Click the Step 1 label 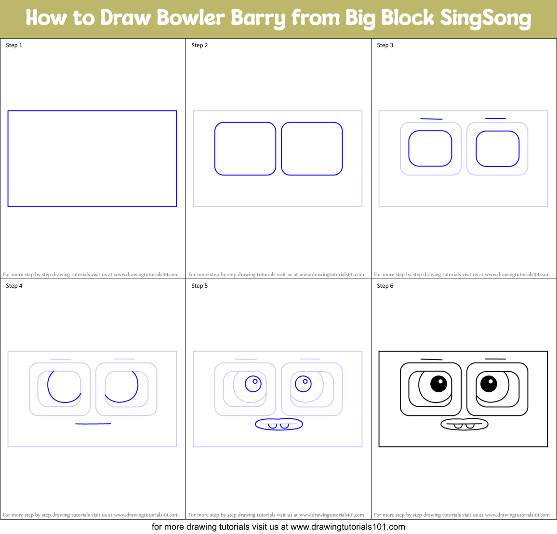click(14, 45)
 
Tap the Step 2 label click(199, 45)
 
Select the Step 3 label click(385, 45)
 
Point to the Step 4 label click(14, 286)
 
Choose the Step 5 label click(199, 286)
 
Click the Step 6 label click(385, 286)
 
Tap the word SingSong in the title click(485, 18)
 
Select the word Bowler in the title click(190, 18)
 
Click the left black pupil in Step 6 click(438, 384)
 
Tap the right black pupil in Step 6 click(489, 384)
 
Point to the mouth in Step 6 click(464, 424)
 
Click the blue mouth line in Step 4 click(93, 424)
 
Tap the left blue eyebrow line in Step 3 click(431, 119)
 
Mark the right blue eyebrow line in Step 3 click(495, 118)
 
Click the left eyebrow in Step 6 click(431, 359)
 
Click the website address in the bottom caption click(347, 527)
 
